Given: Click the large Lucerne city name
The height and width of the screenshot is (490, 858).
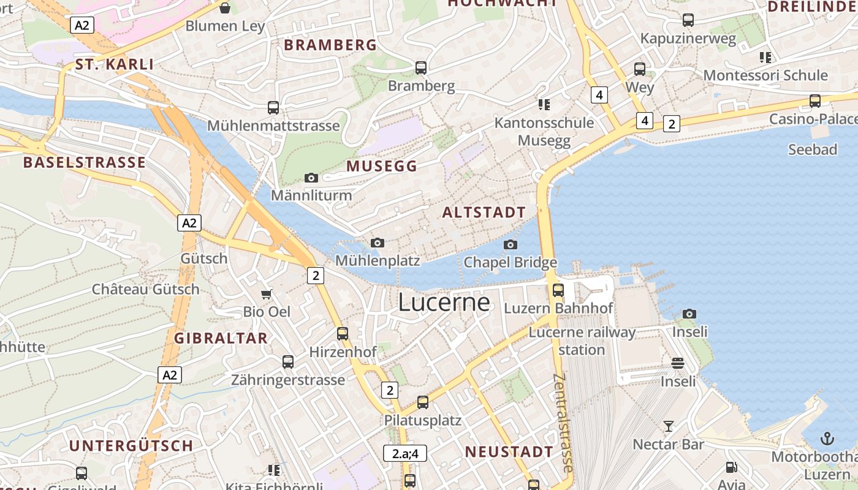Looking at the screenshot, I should pos(444,303).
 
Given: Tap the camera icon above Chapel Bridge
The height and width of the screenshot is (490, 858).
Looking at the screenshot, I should pos(510,245).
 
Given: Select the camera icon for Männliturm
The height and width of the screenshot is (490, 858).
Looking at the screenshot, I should pos(311,178).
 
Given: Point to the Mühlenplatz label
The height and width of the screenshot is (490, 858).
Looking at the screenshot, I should pos(378,261).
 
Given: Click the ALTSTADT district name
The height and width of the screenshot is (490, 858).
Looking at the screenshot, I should pos(484,213).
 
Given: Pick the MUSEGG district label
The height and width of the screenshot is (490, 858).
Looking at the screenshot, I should pos(381,166).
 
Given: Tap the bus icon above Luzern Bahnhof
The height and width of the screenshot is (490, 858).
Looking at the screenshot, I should pos(558,290).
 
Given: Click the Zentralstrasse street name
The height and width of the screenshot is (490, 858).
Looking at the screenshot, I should pos(563,423).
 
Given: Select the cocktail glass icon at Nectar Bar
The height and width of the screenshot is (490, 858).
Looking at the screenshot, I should pos(668,426).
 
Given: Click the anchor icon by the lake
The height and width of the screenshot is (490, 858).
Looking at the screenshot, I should pos(827,439).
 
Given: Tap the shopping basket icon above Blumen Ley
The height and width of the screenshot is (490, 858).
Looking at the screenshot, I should pos(225,8).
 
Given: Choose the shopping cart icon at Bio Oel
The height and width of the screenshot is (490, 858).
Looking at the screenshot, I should pos(267,294).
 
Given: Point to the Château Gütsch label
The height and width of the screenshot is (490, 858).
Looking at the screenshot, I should pos(146,289).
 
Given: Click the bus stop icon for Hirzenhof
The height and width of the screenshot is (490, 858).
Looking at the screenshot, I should pos(343,334).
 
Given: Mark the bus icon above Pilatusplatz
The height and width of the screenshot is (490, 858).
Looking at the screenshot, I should pos(422,402).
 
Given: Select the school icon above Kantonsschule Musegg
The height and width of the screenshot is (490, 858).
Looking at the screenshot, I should pos(544,104).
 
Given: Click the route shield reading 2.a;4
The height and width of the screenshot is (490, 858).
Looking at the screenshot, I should pos(404,454).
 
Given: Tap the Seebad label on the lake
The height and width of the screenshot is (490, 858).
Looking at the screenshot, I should pos(812,149).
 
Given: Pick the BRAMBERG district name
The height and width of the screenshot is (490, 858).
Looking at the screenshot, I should pos(330,45).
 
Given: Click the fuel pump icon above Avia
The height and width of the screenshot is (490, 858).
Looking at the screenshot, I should pos(731,467).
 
